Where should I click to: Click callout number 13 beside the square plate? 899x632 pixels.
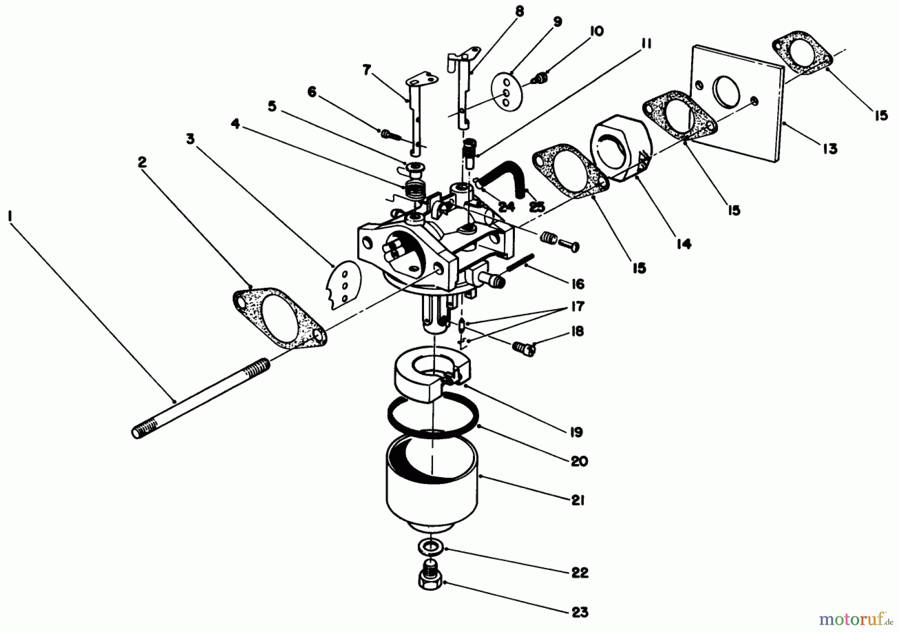click(830, 148)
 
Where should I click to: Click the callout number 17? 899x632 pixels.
click(577, 306)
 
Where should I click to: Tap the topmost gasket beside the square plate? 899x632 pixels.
click(802, 58)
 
